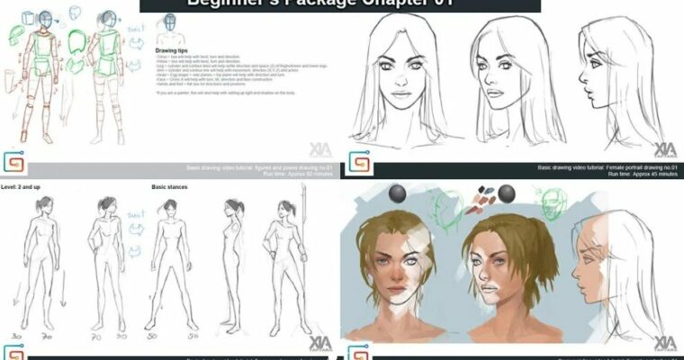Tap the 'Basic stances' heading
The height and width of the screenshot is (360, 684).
click(169, 188)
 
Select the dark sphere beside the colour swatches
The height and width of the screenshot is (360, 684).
click(508, 193)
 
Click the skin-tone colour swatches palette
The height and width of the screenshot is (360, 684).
click(474, 193)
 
